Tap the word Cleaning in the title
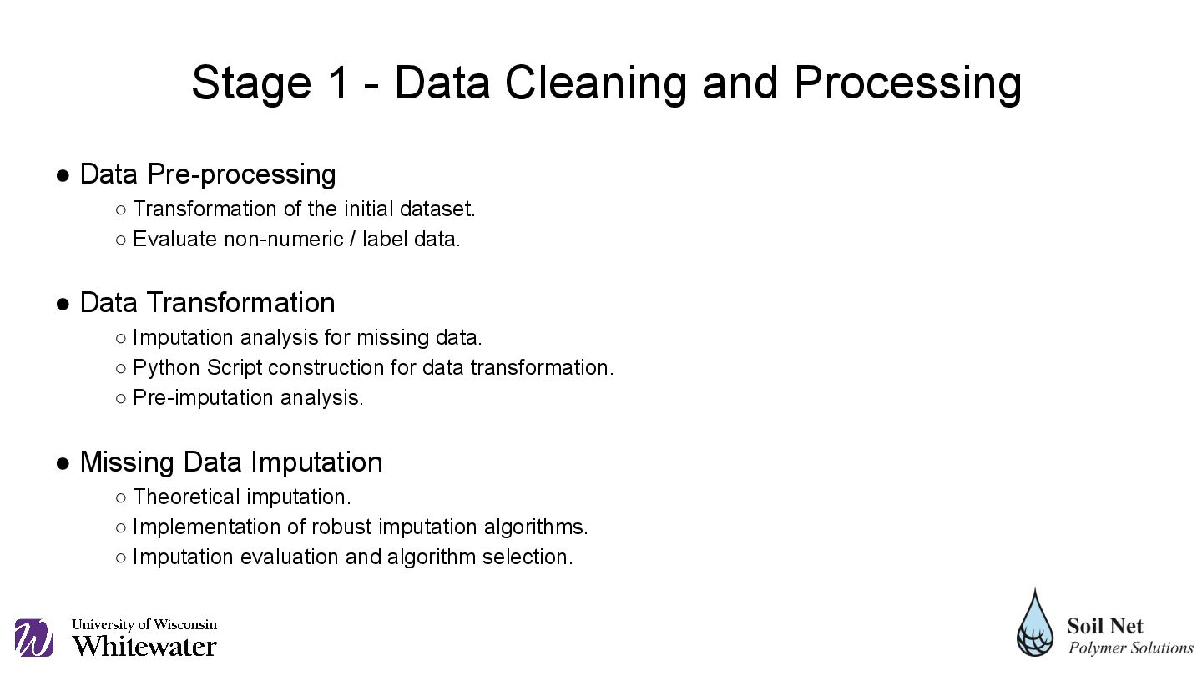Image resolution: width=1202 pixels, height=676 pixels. pos(596,83)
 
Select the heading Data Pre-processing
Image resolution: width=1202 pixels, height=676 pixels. pos(208,174)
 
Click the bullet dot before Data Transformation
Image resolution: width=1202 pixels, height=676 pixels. pos(63,304)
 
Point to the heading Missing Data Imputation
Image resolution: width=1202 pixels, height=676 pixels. pos(231,462)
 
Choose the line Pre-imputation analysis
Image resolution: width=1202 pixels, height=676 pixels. pos(248,398)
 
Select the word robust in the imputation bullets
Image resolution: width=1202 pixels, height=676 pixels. pos(345,527)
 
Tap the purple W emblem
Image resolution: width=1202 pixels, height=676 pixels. pos(34,638)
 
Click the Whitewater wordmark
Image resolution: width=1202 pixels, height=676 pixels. pos(144,646)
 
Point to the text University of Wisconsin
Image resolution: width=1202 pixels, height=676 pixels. pos(144,624)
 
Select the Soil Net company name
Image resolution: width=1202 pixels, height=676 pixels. pos(1105,626)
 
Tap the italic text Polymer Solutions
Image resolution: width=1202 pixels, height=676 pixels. pos(1131,648)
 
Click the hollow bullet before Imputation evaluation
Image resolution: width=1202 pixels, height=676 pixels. pos(121,557)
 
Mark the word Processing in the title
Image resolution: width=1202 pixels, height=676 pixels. pos(907,83)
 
